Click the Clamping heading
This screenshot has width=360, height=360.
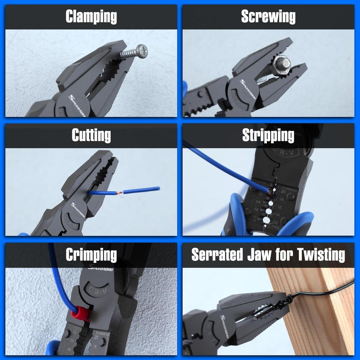pos(91,17)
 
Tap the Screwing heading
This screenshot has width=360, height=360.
pos(268,17)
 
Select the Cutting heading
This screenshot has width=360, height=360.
pos(91,135)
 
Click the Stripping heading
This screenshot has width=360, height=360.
pos(268,135)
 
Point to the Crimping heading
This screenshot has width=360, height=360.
pos(91,255)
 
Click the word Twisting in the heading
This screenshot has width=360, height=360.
pos(321,255)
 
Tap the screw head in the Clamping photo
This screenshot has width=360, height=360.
pos(142,51)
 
